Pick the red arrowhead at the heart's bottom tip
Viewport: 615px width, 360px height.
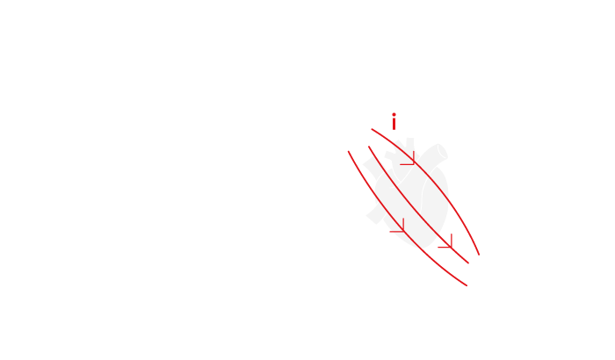447,244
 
